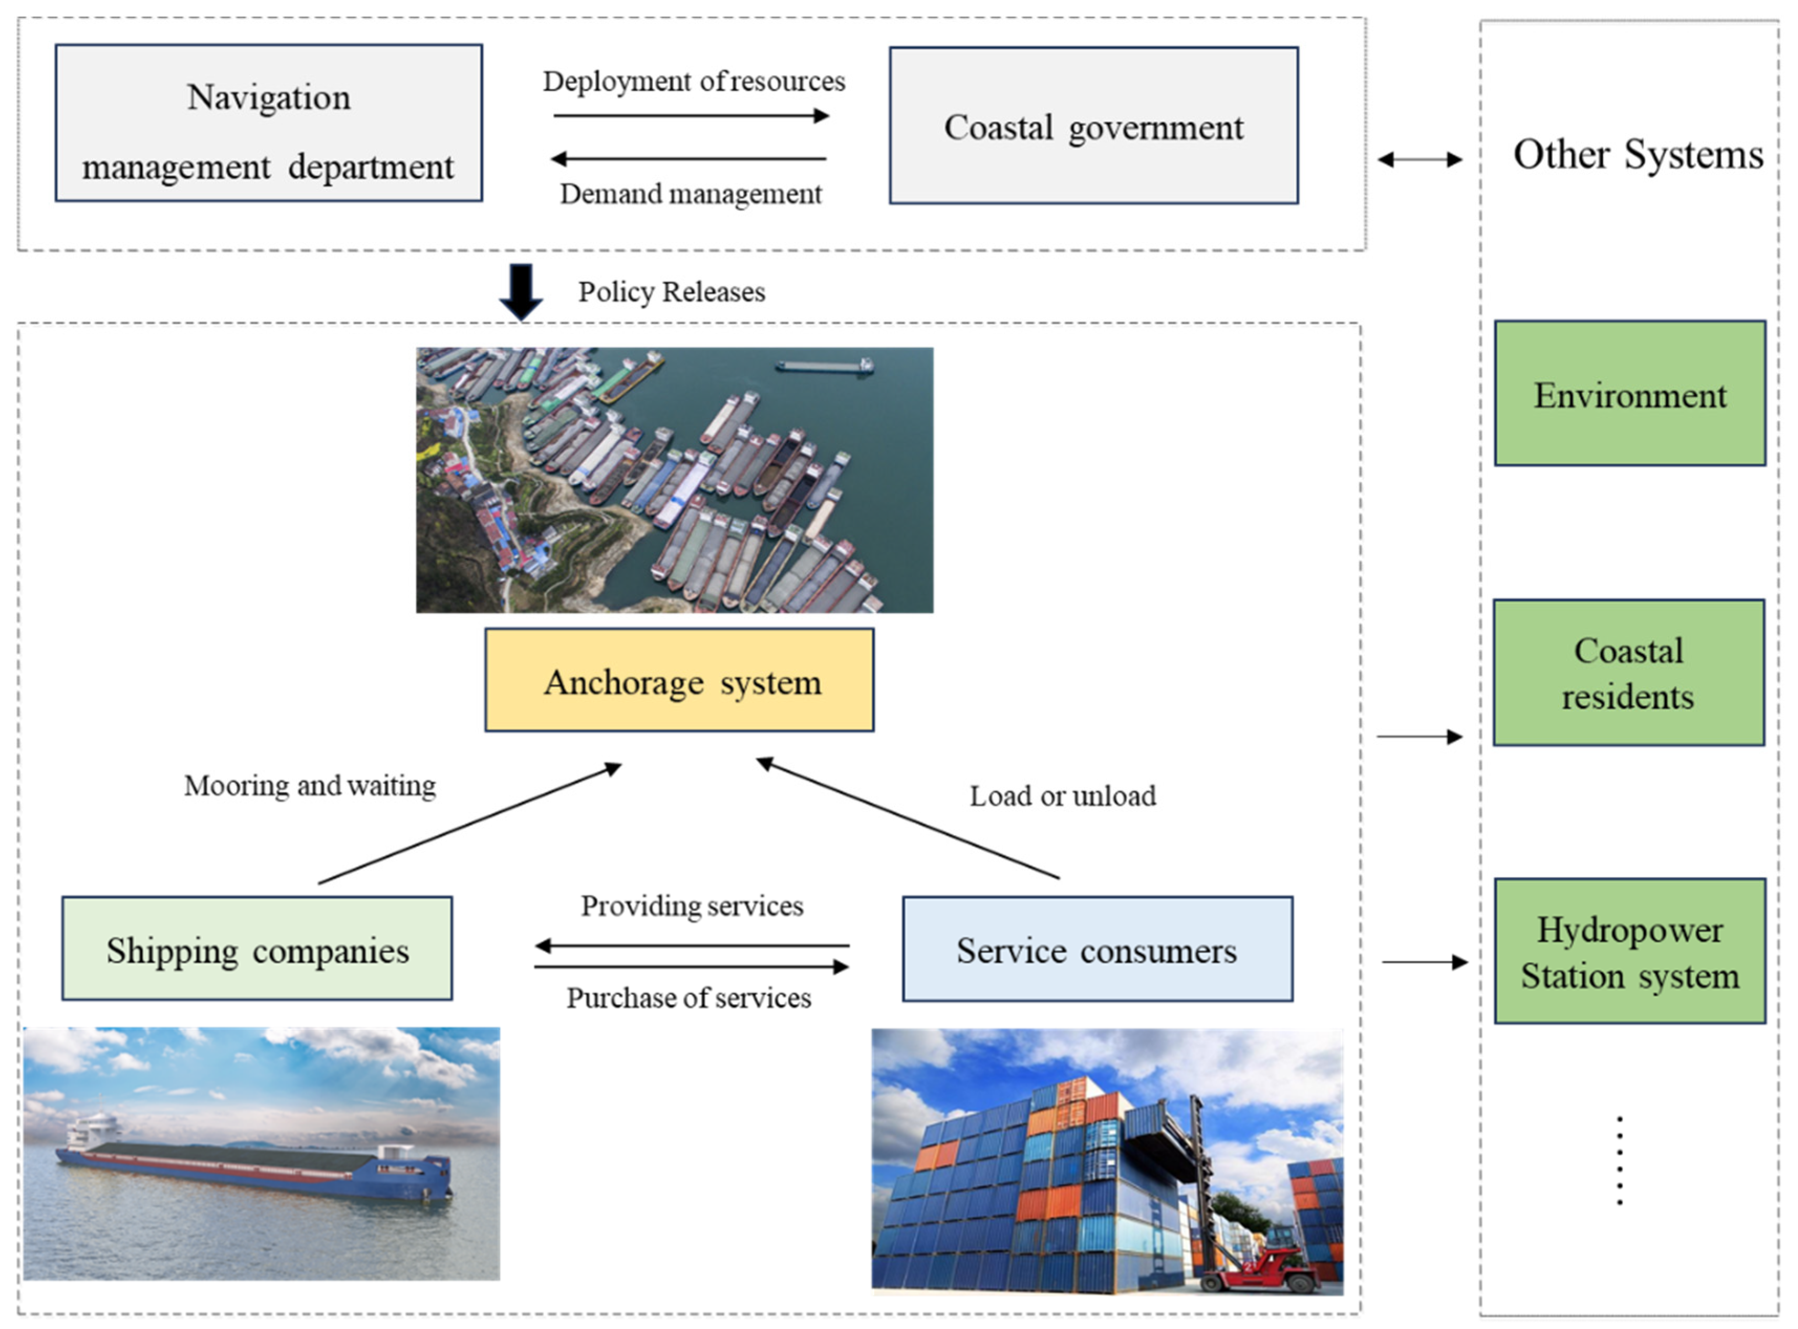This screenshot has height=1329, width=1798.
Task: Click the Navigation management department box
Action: [268, 123]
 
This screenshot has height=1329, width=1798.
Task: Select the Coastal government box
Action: [1093, 125]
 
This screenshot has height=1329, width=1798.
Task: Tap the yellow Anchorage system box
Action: [679, 681]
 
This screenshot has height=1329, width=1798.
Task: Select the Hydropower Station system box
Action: [1629, 952]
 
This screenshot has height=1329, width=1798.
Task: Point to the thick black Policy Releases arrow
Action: [521, 291]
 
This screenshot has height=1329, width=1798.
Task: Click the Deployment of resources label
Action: [693, 81]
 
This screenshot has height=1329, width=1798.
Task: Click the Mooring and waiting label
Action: [310, 785]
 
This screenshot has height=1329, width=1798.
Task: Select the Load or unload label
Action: [1062, 796]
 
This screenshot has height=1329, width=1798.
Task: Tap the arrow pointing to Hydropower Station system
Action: [1424, 961]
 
